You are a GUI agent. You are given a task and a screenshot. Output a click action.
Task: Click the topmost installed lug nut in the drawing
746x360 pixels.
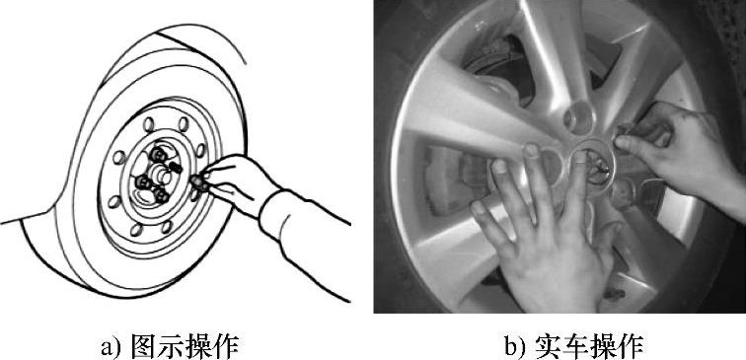point(157,154)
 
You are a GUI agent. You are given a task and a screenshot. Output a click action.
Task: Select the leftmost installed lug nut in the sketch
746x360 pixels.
point(142,181)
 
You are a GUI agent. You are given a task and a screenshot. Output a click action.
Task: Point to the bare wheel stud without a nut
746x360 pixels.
point(176,168)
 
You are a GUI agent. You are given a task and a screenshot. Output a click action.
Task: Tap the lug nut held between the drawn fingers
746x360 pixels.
point(199,182)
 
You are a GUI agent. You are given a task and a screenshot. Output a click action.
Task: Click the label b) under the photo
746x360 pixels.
point(516,347)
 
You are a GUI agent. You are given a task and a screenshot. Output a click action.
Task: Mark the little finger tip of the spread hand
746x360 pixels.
point(478,208)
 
